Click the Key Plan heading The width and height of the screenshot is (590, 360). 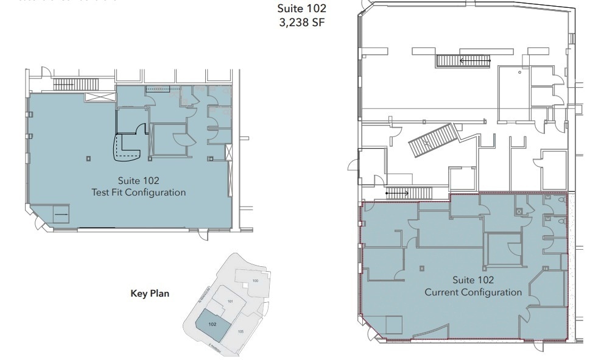tap(150, 294)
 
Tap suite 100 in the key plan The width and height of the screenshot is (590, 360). tap(256, 280)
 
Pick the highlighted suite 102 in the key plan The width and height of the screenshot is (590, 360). tap(212, 325)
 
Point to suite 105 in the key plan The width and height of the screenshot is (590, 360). tap(241, 331)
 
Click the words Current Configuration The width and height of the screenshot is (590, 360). tap(473, 292)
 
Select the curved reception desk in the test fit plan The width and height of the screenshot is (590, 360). tap(128, 148)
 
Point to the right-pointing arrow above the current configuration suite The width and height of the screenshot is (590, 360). tap(398, 192)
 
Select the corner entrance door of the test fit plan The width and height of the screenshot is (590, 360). tap(41, 224)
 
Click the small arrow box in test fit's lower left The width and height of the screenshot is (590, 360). tap(61, 214)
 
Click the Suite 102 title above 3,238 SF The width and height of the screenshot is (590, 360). tap(302, 9)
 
